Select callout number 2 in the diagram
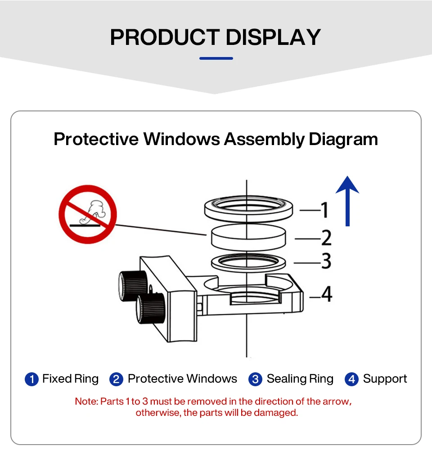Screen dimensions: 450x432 tap(326, 238)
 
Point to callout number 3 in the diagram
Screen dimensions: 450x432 tap(326, 261)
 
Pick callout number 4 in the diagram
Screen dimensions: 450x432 tap(327, 294)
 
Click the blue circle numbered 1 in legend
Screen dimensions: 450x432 tap(31, 379)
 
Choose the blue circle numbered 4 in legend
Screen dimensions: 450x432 tap(351, 379)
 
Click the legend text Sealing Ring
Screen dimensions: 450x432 tap(300, 379)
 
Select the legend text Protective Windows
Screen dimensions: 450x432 tap(182, 379)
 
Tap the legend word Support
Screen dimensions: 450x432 tap(385, 379)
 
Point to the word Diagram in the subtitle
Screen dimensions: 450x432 tap(343, 139)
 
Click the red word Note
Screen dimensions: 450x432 tap(86, 401)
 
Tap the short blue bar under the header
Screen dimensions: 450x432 tap(216, 58)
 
